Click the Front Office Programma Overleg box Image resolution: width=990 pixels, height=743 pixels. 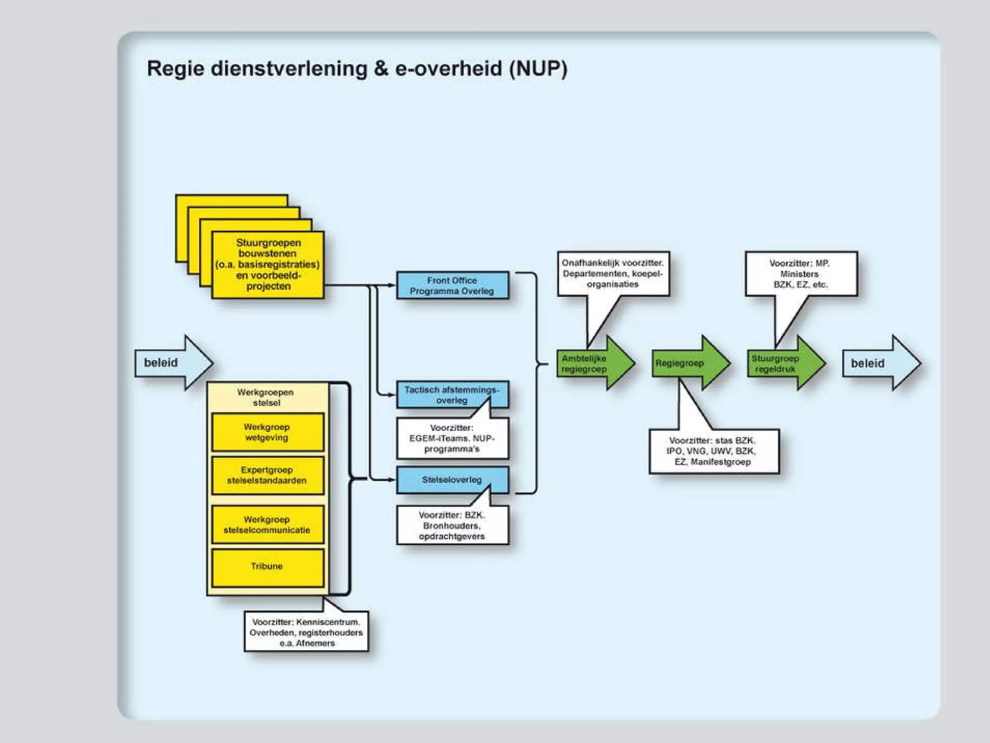click(x=452, y=285)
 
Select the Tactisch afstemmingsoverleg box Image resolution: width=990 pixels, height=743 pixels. click(x=452, y=395)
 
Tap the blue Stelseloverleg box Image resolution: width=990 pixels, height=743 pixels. click(x=452, y=480)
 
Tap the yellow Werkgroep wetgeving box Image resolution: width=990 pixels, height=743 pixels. click(x=267, y=432)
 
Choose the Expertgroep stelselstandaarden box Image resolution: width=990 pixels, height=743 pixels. click(x=267, y=475)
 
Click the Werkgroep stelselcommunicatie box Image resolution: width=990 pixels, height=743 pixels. click(x=267, y=524)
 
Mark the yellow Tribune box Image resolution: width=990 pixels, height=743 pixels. click(x=267, y=567)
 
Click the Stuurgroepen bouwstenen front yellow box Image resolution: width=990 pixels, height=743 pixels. click(x=268, y=265)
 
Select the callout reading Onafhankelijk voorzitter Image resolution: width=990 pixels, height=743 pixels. click(x=613, y=273)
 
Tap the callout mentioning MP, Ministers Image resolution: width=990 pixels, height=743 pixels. click(x=801, y=274)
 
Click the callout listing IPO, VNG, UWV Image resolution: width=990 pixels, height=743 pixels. click(x=713, y=451)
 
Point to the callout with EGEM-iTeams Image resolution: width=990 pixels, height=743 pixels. click(x=452, y=438)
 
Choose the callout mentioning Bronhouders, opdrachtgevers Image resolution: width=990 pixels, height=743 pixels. click(x=452, y=525)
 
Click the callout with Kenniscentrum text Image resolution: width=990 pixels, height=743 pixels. click(x=306, y=632)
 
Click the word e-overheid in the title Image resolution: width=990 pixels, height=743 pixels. click(x=449, y=69)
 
